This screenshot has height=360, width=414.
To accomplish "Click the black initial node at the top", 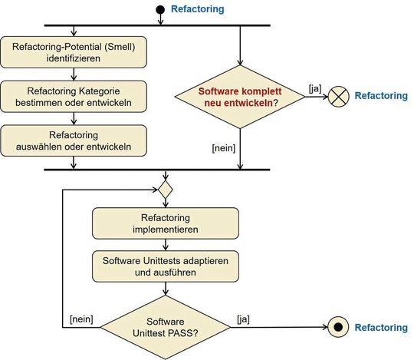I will (x=161, y=10).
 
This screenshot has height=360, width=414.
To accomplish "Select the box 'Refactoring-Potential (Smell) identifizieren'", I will (x=73, y=52).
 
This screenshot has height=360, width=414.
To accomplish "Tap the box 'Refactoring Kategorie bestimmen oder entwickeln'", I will (x=73, y=95).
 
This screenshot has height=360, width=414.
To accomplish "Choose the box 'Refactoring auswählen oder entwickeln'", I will (x=73, y=138).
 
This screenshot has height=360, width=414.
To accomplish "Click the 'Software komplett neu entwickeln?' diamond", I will (x=241, y=96).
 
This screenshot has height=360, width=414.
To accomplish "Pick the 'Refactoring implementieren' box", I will (x=166, y=223).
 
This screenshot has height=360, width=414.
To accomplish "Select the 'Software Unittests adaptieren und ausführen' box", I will (x=166, y=266).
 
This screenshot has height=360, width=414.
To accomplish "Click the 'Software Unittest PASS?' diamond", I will (x=166, y=328).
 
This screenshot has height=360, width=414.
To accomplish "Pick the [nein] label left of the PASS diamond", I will (x=81, y=319).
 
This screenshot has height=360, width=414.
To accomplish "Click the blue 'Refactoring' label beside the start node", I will (x=199, y=11).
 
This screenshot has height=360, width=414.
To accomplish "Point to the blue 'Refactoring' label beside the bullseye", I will (x=380, y=328).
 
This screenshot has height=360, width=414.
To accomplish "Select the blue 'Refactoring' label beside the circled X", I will (x=383, y=97).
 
